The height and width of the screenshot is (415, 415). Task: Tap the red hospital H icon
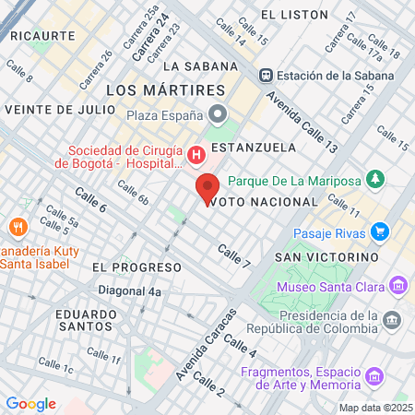[x=196, y=154]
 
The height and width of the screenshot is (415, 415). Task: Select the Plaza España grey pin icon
[x=219, y=114]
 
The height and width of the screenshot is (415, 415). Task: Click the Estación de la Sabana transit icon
[x=266, y=75]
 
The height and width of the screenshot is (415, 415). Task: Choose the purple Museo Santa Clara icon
[x=398, y=283]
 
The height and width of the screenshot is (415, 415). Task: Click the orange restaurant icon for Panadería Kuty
[x=17, y=227]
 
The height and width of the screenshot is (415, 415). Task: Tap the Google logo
[x=30, y=404]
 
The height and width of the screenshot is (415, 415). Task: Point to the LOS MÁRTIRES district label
[x=166, y=90]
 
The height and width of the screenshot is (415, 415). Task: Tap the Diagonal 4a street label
[x=130, y=291]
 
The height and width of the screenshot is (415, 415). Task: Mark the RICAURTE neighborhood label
[x=42, y=35]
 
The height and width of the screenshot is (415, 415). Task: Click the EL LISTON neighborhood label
[x=294, y=15]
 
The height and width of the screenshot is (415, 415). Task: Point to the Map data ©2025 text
[x=375, y=408]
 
